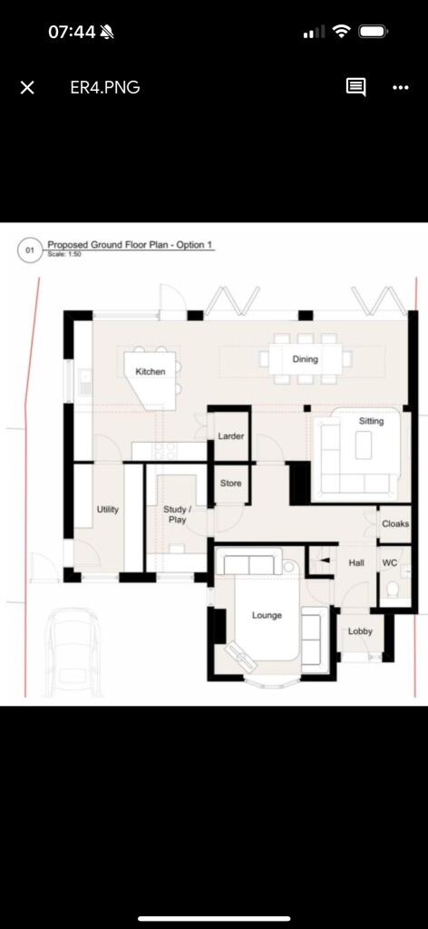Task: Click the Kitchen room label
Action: (x=151, y=372)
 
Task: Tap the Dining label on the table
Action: (x=306, y=359)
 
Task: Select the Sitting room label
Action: (x=371, y=421)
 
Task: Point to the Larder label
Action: (x=231, y=436)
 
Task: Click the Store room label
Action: (x=231, y=484)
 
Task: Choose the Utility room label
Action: (x=108, y=510)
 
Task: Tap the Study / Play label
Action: (x=175, y=515)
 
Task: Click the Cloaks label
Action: (x=395, y=524)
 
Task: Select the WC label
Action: (x=390, y=563)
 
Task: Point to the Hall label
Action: (x=356, y=563)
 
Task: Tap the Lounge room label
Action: (x=267, y=615)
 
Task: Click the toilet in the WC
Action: (x=393, y=592)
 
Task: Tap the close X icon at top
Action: (x=27, y=87)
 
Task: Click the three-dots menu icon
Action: (x=401, y=87)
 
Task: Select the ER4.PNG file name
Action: (x=104, y=87)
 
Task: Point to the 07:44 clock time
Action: (x=72, y=32)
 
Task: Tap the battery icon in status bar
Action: (x=374, y=32)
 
